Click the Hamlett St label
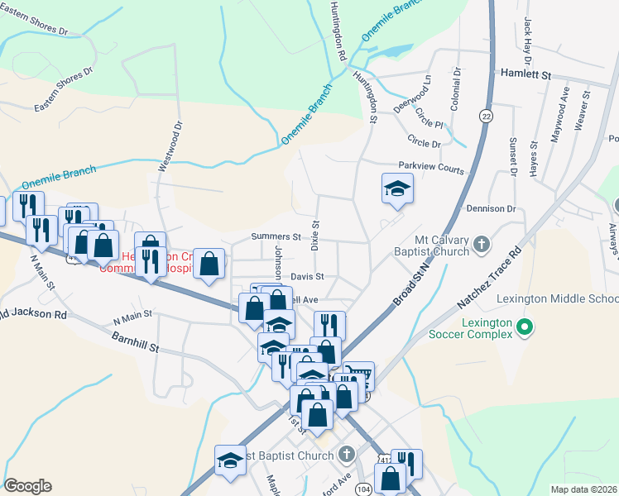pyautogui.click(x=525, y=74)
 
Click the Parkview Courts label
pyautogui.click(x=431, y=168)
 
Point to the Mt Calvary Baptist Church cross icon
pyautogui.click(x=484, y=245)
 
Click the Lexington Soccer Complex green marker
pyautogui.click(x=522, y=328)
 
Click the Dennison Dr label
pyautogui.click(x=491, y=209)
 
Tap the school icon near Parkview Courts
pyautogui.click(x=397, y=189)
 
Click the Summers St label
pyautogui.click(x=276, y=237)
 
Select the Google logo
pyautogui.click(x=27, y=485)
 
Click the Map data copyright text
pyautogui.click(x=583, y=489)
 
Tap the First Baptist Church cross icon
pyautogui.click(x=346, y=453)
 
